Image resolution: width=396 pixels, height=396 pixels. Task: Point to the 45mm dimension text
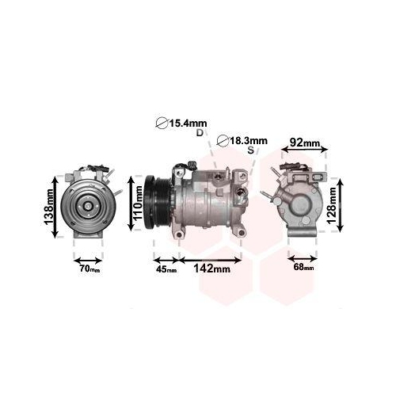(x=166, y=270)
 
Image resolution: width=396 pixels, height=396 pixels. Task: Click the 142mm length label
(x=212, y=269)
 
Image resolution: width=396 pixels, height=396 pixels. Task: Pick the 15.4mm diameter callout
(x=181, y=123)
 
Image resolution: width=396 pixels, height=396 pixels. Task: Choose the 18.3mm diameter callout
(x=243, y=140)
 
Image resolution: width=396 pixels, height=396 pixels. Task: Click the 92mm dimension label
(x=305, y=143)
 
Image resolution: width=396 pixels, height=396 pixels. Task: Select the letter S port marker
(x=250, y=150)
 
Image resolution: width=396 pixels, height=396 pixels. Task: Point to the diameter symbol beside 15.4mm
(x=162, y=123)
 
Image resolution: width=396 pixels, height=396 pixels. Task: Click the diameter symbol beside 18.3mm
(x=223, y=141)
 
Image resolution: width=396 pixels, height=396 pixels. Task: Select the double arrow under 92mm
(x=304, y=154)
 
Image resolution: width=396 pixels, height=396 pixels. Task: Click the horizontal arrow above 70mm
(x=88, y=259)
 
